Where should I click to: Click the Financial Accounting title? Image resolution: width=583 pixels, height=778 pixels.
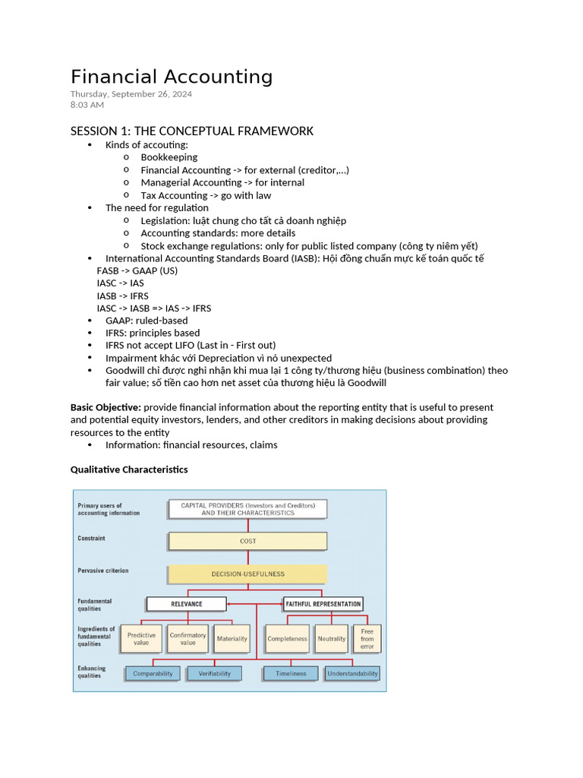point(172,77)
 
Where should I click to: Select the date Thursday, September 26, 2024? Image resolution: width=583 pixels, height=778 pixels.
point(131,94)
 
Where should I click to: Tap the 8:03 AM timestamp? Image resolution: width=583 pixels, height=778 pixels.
point(87,105)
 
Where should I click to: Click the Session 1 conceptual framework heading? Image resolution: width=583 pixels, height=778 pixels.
point(192,131)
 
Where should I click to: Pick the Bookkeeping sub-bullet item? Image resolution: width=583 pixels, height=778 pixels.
point(169,157)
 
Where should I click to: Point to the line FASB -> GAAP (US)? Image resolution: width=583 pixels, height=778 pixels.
point(137,270)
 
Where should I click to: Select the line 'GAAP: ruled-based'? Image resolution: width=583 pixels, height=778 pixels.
point(147,321)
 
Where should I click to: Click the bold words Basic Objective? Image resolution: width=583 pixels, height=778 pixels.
point(106,407)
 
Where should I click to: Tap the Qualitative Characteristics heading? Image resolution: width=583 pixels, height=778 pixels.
point(129,470)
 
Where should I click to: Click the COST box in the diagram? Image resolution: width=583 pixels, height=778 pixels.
point(247,541)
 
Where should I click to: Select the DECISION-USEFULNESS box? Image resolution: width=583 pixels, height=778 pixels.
point(247,574)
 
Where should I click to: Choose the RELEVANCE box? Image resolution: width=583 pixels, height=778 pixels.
point(186,604)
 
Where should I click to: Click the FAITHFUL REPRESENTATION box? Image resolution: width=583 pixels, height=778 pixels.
point(323,604)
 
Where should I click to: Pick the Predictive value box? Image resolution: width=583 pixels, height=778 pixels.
point(141,639)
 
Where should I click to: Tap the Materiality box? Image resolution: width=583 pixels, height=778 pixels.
point(232,639)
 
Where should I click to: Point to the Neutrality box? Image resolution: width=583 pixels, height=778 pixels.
point(332,639)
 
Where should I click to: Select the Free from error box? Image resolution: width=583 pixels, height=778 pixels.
point(367,639)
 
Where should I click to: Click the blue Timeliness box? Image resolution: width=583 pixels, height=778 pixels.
point(291,673)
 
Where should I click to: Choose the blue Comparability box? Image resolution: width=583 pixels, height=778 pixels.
point(153,673)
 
